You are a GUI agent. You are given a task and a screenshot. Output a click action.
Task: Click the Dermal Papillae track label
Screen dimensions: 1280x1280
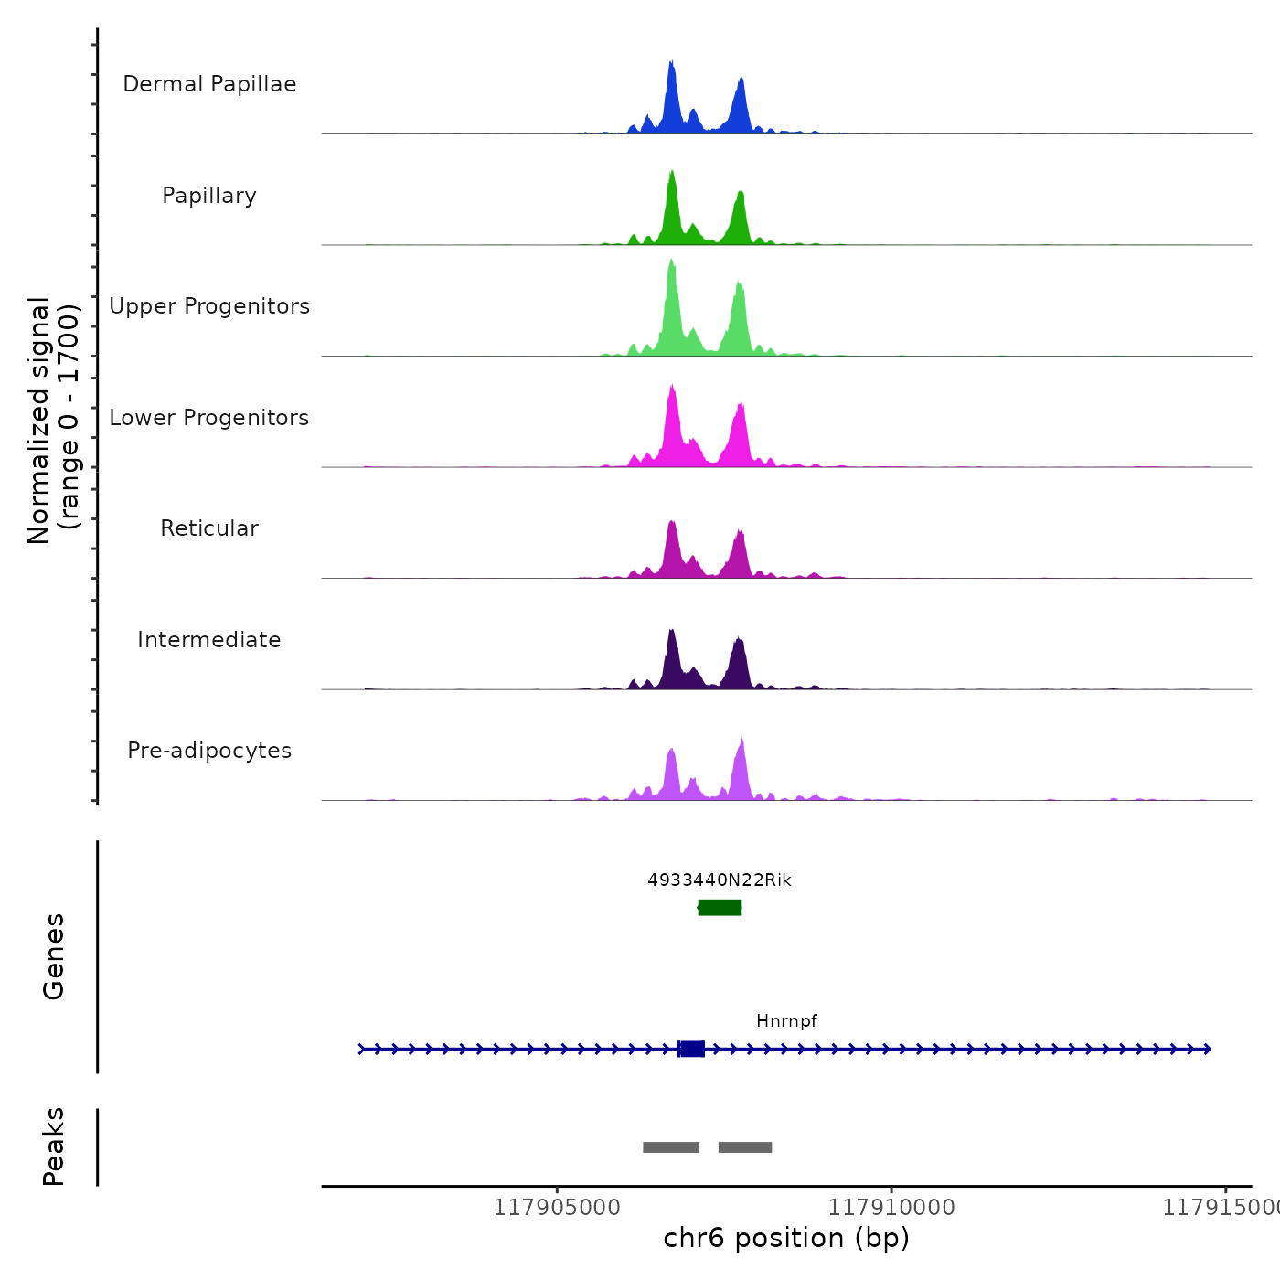point(209,84)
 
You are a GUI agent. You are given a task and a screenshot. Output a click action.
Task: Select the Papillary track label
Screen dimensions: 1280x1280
point(209,196)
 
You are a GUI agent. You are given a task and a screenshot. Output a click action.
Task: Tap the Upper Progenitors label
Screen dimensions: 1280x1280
point(209,306)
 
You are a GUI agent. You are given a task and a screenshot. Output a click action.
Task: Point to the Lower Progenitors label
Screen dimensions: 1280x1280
point(209,418)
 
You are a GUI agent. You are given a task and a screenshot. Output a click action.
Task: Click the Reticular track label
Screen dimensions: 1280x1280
point(209,528)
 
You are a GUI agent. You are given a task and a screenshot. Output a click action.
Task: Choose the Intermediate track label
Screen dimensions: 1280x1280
point(209,640)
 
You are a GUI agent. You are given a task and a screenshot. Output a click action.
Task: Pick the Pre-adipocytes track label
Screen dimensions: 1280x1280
point(209,751)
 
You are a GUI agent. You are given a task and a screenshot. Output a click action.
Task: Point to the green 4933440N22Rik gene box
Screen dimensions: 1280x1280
point(720,907)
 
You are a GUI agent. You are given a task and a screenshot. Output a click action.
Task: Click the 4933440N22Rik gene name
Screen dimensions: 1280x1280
point(720,880)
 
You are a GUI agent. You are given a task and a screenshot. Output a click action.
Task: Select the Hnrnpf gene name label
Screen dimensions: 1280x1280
point(786,1021)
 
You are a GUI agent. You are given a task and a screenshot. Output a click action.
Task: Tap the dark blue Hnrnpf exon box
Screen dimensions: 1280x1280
point(691,1049)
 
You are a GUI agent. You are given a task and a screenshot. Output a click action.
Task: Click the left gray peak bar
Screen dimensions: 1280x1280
point(671,1147)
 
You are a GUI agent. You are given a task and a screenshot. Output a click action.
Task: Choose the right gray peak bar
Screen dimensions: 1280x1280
point(745,1147)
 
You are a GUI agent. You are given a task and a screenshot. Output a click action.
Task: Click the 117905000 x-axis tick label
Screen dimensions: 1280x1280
point(557,1208)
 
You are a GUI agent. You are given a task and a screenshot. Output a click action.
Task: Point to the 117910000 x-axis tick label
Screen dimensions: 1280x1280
point(891,1208)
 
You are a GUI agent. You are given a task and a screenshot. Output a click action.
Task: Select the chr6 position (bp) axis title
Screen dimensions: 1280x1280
point(786,1238)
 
